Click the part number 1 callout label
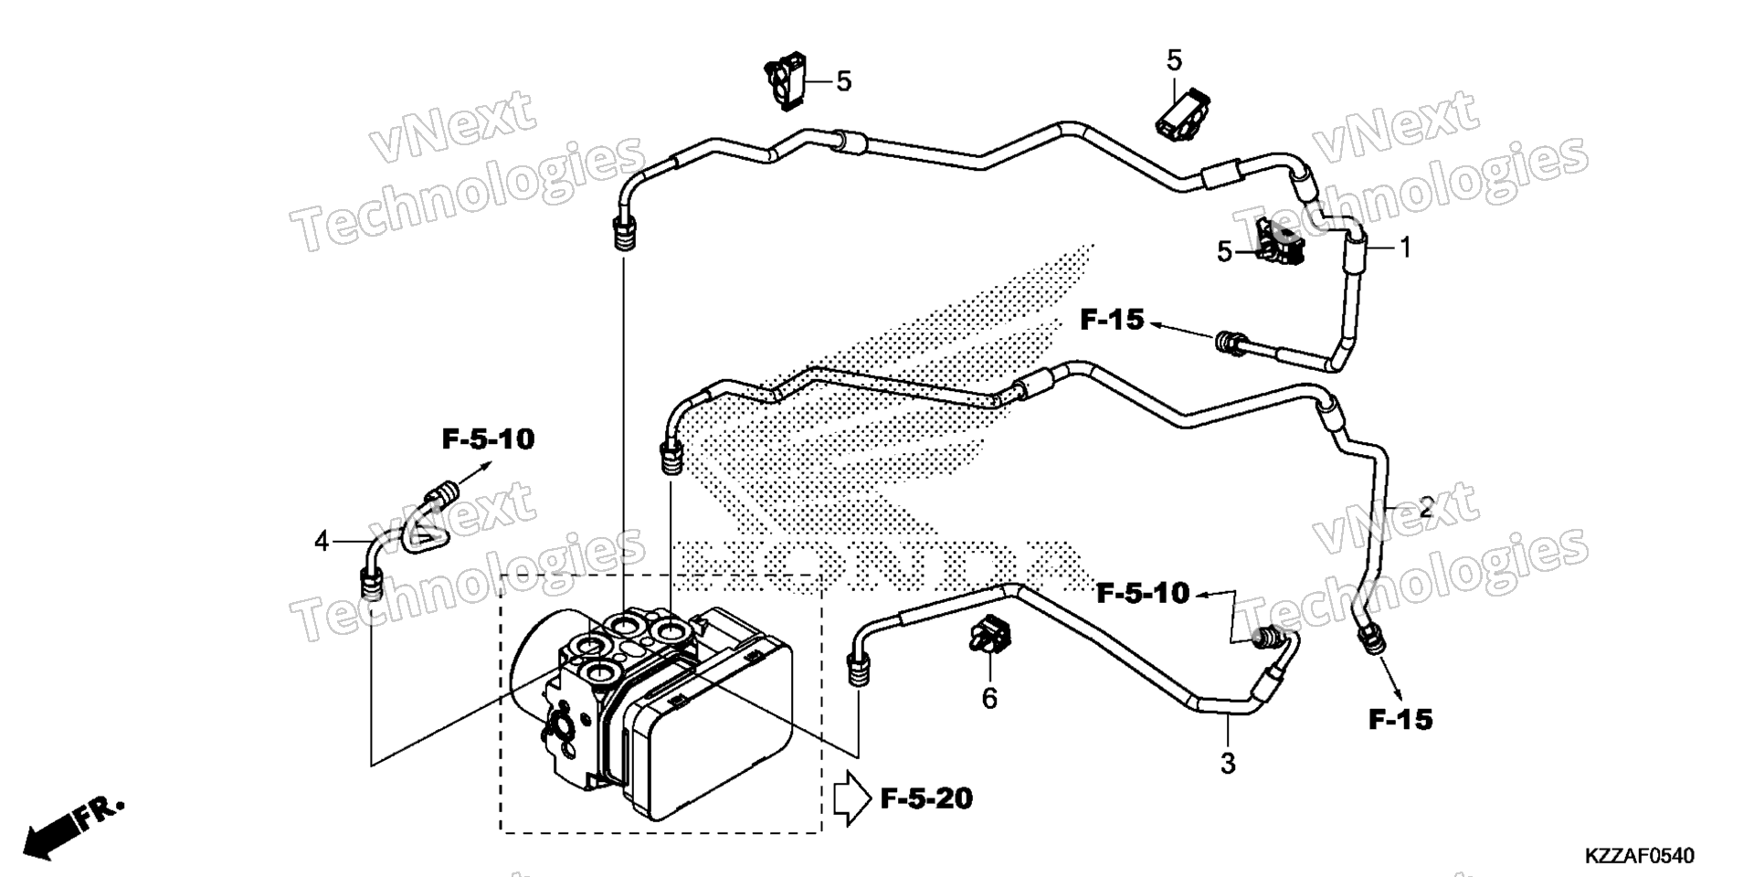coord(1406,247)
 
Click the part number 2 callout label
coord(1426,506)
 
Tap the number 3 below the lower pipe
coord(1228,763)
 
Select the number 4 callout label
coord(322,542)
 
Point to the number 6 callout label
coord(989,699)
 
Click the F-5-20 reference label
coord(926,799)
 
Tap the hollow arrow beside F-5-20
coord(851,798)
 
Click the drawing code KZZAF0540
coord(1640,856)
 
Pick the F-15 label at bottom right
coord(1400,720)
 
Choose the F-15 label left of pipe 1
coord(1112,320)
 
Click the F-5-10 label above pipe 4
coord(488,439)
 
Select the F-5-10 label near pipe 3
coord(1143,594)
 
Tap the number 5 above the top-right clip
coord(1174,60)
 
